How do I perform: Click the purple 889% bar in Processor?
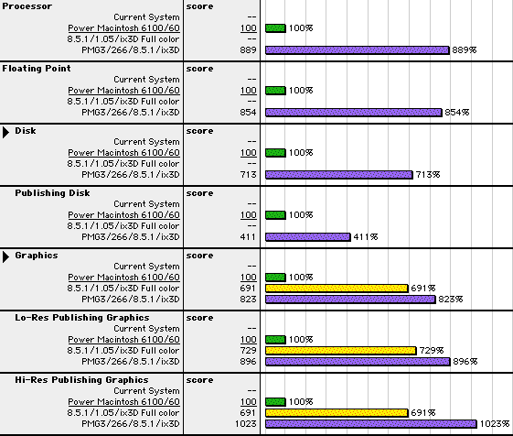click(358, 50)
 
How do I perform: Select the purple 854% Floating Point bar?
click(354, 113)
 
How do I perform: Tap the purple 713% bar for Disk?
click(339, 175)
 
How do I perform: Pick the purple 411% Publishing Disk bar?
click(308, 237)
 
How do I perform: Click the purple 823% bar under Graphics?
click(350, 300)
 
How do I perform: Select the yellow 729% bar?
click(340, 351)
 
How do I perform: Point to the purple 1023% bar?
click(371, 424)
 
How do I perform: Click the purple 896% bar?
click(358, 362)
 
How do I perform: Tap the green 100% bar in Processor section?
click(275, 28)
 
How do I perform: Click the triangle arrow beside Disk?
click(5, 132)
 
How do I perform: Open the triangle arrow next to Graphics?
click(5, 256)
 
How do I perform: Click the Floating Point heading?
click(37, 69)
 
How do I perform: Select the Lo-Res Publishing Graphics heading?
click(82, 318)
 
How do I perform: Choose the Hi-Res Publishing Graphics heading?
click(81, 380)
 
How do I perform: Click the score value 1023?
click(246, 424)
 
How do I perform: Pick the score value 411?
click(248, 237)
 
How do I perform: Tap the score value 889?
click(248, 50)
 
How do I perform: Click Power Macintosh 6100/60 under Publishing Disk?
click(124, 215)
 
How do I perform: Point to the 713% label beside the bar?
click(428, 175)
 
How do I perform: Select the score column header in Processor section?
click(199, 6)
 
